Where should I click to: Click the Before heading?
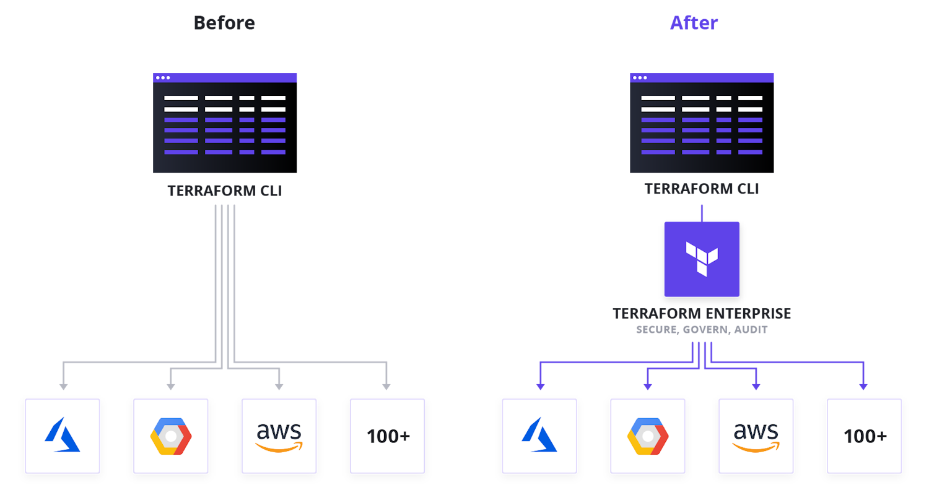click(x=224, y=23)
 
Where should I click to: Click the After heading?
click(x=694, y=23)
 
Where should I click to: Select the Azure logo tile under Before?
click(x=63, y=436)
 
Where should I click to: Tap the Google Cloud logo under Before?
click(x=171, y=436)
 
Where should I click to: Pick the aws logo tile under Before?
click(x=279, y=436)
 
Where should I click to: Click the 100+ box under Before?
click(x=388, y=436)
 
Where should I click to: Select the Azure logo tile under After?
click(x=539, y=436)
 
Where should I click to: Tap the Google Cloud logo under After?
click(x=648, y=436)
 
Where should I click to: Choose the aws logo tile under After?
click(x=756, y=436)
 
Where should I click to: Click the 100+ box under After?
click(x=865, y=436)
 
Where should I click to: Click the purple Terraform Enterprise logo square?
click(x=702, y=259)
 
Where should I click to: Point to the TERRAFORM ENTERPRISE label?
click(x=702, y=314)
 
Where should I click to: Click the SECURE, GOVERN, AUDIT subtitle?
click(x=702, y=330)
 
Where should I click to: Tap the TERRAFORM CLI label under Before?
click(x=225, y=191)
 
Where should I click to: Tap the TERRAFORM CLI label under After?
click(x=702, y=189)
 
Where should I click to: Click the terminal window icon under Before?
click(x=225, y=123)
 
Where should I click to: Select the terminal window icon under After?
click(x=702, y=123)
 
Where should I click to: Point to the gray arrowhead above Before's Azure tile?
click(x=63, y=386)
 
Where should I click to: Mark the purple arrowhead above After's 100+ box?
click(x=863, y=386)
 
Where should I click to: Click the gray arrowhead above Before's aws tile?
click(x=279, y=386)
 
